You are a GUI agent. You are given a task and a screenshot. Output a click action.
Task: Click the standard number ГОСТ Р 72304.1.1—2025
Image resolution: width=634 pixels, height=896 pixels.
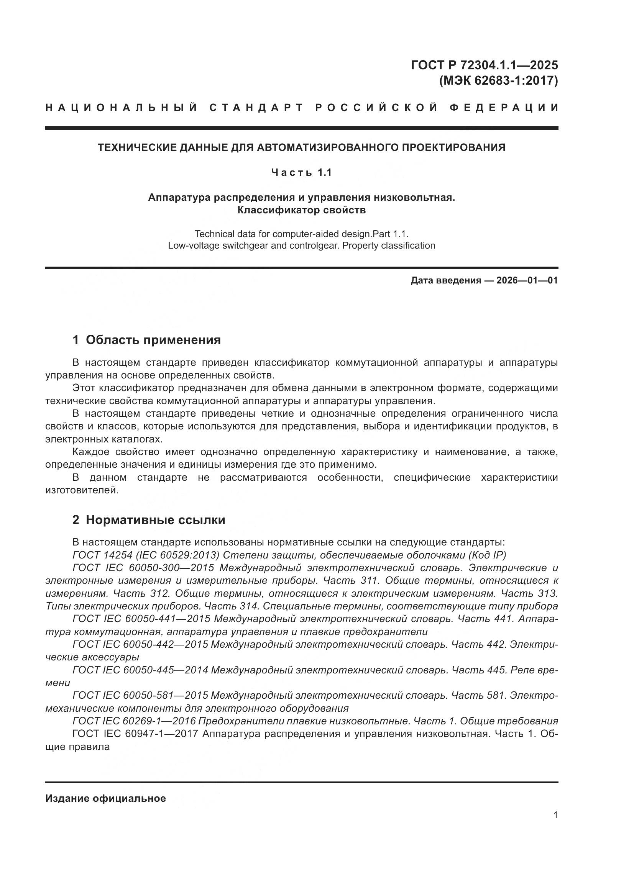click(484, 65)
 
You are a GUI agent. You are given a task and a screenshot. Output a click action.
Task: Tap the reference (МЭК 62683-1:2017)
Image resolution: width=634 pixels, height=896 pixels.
click(499, 81)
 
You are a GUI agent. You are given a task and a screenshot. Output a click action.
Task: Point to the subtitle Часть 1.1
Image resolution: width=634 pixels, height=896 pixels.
click(301, 172)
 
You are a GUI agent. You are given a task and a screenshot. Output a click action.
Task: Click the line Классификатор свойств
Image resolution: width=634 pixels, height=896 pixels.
click(301, 210)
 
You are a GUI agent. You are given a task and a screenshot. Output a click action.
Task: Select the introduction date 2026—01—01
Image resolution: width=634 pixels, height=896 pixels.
click(527, 280)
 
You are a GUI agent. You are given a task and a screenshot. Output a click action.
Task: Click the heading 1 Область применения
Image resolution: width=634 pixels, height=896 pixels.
click(146, 340)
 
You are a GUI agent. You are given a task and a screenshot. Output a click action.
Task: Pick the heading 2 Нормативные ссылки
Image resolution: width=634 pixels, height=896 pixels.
click(149, 520)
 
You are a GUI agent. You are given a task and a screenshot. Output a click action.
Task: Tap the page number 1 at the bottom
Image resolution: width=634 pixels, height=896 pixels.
click(555, 815)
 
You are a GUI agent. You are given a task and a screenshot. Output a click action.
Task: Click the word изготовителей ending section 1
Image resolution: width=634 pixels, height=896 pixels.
click(82, 490)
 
